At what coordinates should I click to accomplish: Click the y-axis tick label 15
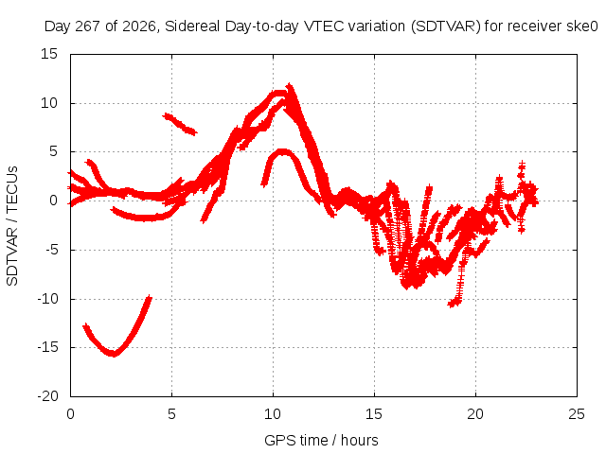(x=49, y=54)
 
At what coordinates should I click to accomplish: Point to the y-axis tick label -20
(x=47, y=396)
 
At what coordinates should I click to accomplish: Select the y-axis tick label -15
(x=47, y=347)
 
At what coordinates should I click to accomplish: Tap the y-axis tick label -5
(x=51, y=250)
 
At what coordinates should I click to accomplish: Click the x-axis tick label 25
(x=577, y=414)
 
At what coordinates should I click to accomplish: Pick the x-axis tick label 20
(x=475, y=414)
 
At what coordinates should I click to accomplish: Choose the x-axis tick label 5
(x=171, y=414)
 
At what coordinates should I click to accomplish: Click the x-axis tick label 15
(x=374, y=414)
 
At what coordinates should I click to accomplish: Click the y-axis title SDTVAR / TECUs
(x=12, y=226)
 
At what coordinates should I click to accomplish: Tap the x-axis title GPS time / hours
(x=321, y=440)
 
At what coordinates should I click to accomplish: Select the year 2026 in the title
(x=139, y=26)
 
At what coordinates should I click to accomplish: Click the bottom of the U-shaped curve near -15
(x=113, y=353)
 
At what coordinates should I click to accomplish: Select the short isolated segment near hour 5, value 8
(x=180, y=124)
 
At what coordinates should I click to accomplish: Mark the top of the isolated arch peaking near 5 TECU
(x=283, y=151)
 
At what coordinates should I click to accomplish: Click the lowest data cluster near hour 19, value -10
(x=454, y=303)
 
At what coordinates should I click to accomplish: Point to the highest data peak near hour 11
(x=290, y=85)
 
